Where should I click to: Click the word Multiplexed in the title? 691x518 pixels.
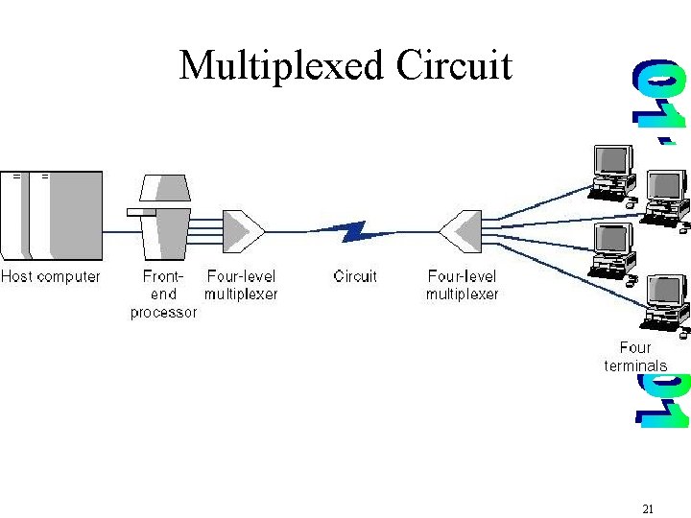pos(280,66)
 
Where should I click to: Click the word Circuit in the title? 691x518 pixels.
pos(454,65)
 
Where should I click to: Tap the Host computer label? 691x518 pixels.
pos(50,277)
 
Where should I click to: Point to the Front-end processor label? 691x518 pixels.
pos(163,294)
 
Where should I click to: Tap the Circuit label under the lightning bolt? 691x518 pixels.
pos(355,276)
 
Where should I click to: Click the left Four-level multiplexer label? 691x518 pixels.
pos(241,285)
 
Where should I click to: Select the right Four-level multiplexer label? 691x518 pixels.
pos(463,285)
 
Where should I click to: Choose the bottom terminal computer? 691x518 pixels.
pos(665,303)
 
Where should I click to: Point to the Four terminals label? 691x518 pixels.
pos(635,357)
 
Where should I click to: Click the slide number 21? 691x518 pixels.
pos(647,509)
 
